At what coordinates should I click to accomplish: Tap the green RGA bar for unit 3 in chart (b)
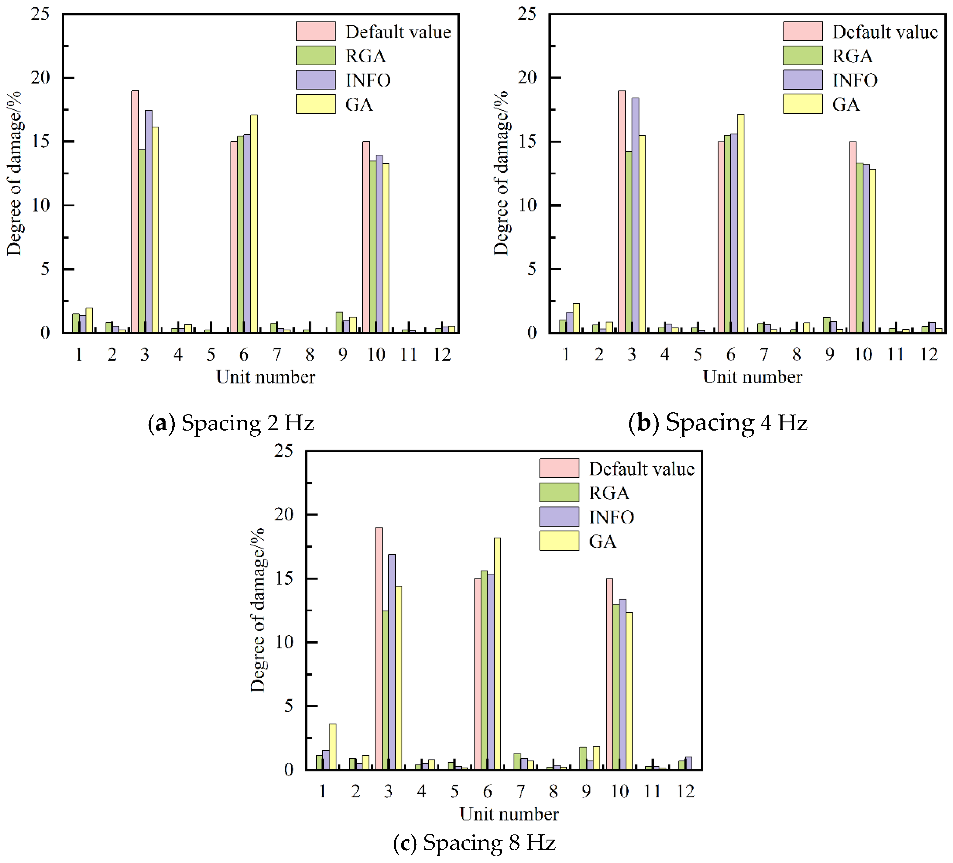click(x=628, y=242)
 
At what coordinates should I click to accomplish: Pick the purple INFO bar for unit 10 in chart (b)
click(x=866, y=248)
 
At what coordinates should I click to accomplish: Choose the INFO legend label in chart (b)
click(x=855, y=80)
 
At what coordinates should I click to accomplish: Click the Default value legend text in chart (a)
click(x=398, y=32)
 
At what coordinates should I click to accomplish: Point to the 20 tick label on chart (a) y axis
click(x=40, y=77)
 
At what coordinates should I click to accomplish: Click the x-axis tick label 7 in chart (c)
click(x=520, y=791)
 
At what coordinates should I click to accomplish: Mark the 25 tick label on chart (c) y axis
click(x=284, y=451)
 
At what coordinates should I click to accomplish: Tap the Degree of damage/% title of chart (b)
click(x=501, y=173)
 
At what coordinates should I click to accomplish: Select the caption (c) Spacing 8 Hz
click(x=474, y=842)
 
